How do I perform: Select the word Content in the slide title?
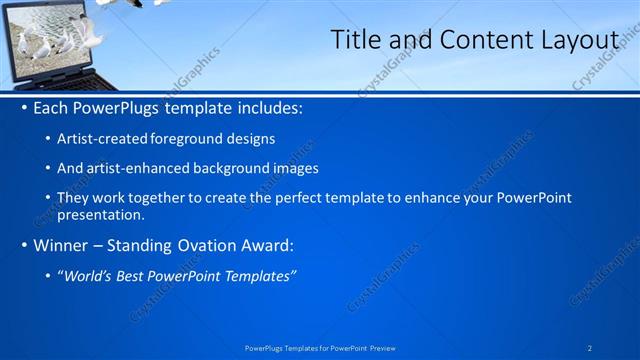pyautogui.click(x=478, y=40)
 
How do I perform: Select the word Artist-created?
pyautogui.click(x=103, y=139)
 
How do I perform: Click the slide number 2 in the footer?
pyautogui.click(x=590, y=347)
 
